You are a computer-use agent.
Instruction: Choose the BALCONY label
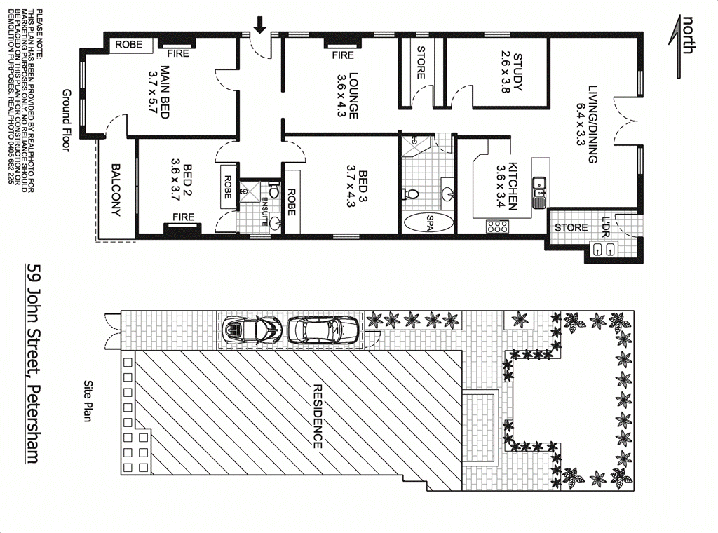116,190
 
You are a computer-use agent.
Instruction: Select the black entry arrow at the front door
260,25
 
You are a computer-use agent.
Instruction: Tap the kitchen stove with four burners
497,226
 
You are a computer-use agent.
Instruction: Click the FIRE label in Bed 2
184,217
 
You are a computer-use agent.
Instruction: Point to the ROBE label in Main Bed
128,44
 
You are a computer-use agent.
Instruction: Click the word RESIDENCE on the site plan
317,416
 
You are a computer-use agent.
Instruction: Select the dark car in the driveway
251,329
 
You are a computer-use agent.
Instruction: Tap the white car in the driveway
324,329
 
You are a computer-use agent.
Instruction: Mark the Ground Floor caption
67,120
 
